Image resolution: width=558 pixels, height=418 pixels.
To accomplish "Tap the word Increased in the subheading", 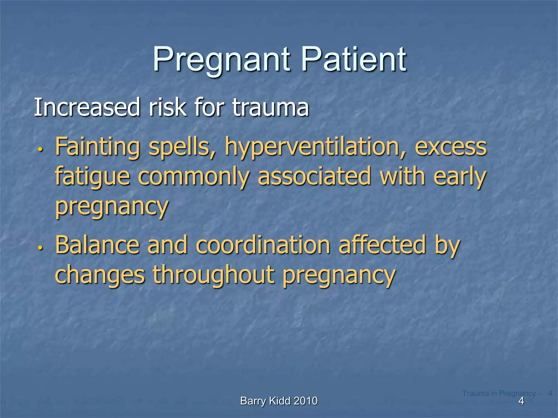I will [87, 107].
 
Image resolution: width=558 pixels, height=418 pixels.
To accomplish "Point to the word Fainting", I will [98, 147].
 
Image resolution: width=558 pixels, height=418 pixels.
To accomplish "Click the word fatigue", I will [92, 177].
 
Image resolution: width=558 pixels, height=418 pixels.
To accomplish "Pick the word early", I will [459, 177].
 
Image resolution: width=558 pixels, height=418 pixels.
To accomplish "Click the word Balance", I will [97, 245].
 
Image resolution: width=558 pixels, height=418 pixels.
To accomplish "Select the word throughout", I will [213, 275].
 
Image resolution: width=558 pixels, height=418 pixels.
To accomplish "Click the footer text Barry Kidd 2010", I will [279, 401].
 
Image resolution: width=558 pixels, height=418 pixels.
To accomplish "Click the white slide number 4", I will [521, 401].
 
